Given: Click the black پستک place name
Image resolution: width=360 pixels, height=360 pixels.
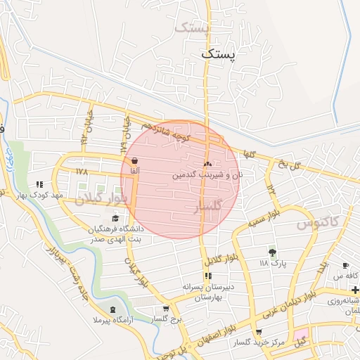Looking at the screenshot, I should point(220,53).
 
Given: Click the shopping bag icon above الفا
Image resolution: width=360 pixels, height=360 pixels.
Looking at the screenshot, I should point(134,160).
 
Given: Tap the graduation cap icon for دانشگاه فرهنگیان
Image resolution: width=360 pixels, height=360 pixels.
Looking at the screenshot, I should point(115,219).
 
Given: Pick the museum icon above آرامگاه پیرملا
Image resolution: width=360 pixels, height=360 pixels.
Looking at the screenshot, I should point(114,309).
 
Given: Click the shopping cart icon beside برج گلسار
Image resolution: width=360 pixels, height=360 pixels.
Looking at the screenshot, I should point(165,308).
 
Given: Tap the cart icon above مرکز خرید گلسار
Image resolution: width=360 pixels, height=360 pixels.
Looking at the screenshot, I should point(259,332).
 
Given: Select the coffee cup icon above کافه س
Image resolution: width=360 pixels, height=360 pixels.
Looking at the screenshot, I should point(345,265).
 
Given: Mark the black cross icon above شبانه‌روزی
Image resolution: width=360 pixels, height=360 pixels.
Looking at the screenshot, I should point(355,290).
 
